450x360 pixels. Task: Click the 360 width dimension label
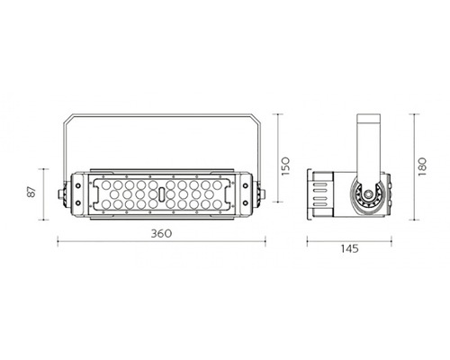161,233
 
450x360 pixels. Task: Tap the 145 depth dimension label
349,248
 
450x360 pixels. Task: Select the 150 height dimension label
285,166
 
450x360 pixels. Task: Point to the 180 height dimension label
422,166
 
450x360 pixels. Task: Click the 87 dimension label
31,192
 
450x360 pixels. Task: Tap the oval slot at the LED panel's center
162,194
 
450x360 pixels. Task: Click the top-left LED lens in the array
105,184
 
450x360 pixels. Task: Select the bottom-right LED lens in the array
217,204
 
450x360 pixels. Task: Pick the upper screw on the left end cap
78,185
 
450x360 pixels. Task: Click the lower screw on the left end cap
78,203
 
